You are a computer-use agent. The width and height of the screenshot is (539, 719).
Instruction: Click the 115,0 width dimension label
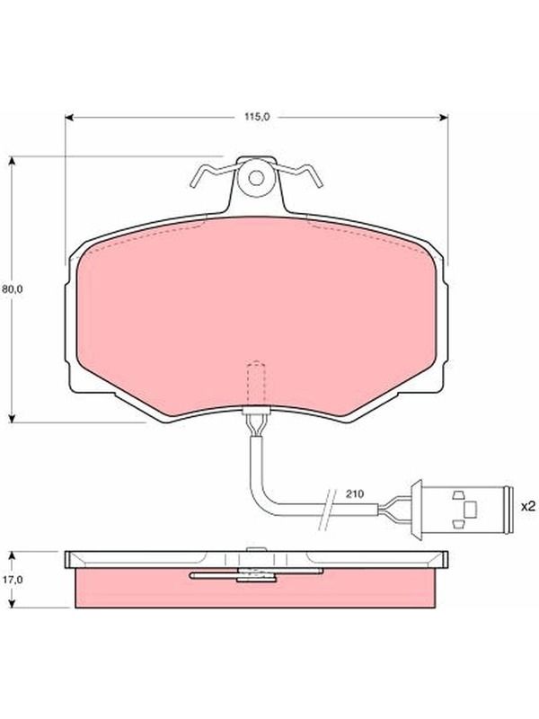coord(257,117)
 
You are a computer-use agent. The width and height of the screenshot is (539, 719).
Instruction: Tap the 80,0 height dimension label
coord(13,289)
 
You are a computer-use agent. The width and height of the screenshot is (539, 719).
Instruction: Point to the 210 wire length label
coord(355,493)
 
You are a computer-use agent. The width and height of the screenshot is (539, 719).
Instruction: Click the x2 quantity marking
coord(528,507)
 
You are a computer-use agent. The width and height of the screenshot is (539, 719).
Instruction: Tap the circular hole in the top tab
coord(256,178)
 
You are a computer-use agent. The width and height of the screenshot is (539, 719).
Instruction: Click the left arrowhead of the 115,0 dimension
coord(69,118)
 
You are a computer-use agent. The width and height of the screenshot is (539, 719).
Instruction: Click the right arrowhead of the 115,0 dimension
coord(444,118)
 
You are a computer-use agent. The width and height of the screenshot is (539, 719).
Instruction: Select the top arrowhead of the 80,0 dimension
coord(13,161)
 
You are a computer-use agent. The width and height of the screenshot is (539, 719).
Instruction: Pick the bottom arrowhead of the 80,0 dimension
coord(13,418)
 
